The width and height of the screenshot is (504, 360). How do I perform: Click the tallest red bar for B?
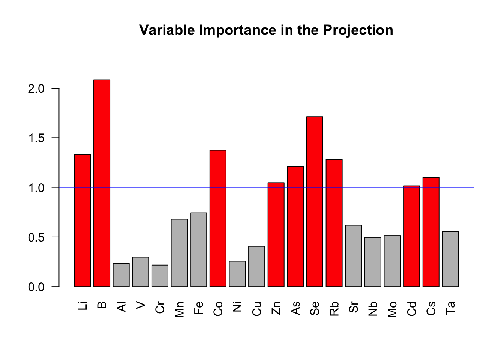click(102, 183)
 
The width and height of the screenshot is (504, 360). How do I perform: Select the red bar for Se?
click(315, 202)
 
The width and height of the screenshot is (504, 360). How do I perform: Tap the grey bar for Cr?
click(160, 276)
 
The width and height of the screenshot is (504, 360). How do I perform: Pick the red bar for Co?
click(218, 219)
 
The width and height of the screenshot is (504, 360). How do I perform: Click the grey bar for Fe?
click(198, 250)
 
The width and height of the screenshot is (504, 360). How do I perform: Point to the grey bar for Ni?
click(237, 274)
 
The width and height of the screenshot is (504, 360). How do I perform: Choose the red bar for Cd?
click(411, 236)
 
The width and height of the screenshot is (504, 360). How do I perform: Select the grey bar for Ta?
click(450, 259)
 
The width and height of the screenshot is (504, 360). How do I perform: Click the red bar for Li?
click(82, 221)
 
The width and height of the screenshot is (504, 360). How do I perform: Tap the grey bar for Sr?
click(354, 256)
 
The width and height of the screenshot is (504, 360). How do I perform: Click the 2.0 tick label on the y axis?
click(36, 88)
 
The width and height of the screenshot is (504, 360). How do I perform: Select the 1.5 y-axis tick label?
click(36, 138)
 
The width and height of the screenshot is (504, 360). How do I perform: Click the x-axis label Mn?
click(179, 310)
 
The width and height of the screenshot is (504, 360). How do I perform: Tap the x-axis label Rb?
click(334, 309)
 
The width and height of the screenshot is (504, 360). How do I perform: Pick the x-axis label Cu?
click(257, 309)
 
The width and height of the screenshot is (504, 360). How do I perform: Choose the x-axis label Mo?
click(392, 310)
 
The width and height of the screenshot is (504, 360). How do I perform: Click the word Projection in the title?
click(358, 30)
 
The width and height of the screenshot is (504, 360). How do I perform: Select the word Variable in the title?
click(167, 30)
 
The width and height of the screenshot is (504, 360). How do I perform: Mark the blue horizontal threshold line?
click(266, 187)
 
